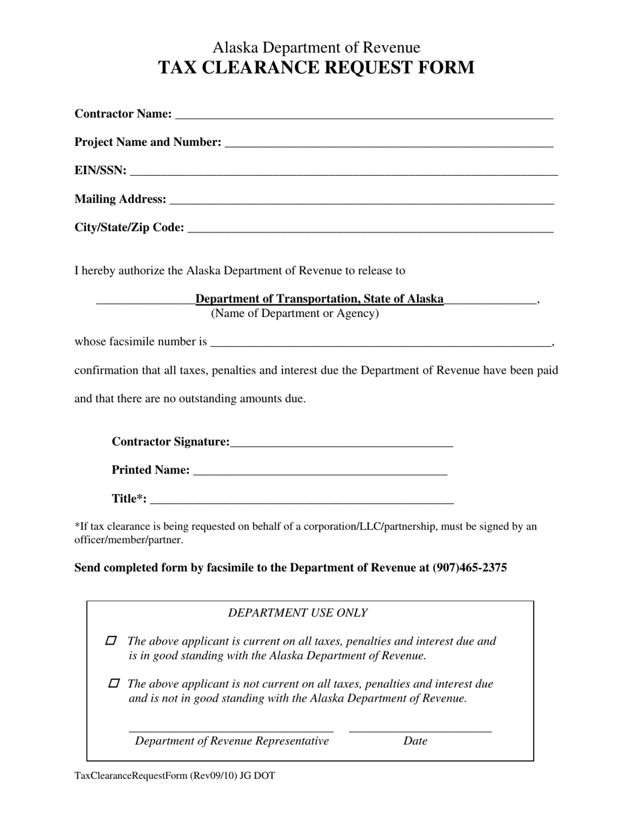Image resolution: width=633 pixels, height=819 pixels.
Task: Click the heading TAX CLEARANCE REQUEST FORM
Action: tap(316, 68)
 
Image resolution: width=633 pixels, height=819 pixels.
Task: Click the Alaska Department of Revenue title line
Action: tap(316, 48)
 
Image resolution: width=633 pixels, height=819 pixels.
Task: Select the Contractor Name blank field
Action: tap(363, 115)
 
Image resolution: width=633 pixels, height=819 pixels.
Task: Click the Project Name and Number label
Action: tap(147, 142)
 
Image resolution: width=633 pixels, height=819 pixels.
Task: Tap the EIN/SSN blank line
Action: tap(343, 171)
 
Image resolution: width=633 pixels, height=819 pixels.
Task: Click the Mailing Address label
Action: tap(120, 199)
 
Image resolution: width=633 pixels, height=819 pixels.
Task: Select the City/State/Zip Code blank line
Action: tap(370, 228)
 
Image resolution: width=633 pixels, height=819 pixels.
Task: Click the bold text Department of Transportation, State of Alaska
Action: tap(319, 299)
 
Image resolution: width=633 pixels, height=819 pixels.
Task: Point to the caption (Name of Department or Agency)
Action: tap(295, 314)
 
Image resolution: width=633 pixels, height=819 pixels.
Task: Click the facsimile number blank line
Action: tap(380, 343)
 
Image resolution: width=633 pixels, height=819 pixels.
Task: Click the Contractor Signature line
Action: tap(341, 443)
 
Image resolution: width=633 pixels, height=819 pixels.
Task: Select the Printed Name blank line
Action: tap(319, 471)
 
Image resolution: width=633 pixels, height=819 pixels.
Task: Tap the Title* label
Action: tap(129, 499)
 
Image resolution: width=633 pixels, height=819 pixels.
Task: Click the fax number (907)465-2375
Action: tap(470, 568)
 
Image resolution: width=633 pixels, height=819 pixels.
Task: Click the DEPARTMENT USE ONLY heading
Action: tap(297, 613)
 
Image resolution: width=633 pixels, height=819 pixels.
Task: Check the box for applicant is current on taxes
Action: tap(111, 641)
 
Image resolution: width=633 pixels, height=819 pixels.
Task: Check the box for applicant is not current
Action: tap(114, 683)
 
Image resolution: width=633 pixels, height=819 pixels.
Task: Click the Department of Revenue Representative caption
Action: tap(232, 741)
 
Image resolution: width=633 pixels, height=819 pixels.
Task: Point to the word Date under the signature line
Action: tap(415, 741)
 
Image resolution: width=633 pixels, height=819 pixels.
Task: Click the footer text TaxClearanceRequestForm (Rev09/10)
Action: tap(175, 776)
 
